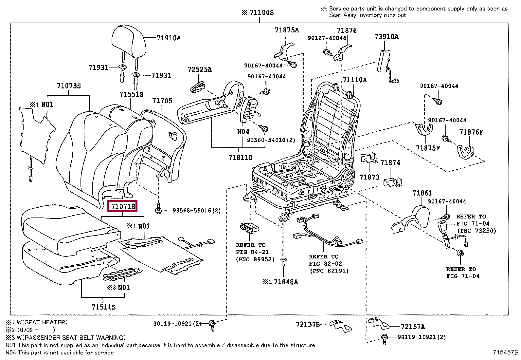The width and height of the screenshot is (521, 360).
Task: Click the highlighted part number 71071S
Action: [123, 206]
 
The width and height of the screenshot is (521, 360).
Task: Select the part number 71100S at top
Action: [261, 13]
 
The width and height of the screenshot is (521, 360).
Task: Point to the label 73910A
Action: [386, 37]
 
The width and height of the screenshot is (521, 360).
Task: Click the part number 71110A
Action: [354, 80]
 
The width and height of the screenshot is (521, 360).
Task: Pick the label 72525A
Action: [199, 69]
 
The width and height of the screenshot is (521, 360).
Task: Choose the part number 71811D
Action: [240, 158]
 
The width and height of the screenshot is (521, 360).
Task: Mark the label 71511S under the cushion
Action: [103, 307]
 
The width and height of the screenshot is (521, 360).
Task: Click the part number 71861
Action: [422, 193]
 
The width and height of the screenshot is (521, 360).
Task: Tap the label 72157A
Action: [413, 327]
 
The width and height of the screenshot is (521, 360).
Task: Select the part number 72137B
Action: [308, 324]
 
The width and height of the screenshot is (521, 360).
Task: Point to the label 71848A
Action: [286, 282]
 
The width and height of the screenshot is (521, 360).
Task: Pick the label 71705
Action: [162, 101]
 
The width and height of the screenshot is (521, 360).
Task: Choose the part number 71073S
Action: [69, 86]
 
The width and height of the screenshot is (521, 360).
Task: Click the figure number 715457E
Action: [505, 352]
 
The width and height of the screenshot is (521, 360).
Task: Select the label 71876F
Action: [471, 132]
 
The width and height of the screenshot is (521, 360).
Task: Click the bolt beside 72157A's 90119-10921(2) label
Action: [385, 338]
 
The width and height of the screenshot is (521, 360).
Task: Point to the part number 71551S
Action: [131, 94]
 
